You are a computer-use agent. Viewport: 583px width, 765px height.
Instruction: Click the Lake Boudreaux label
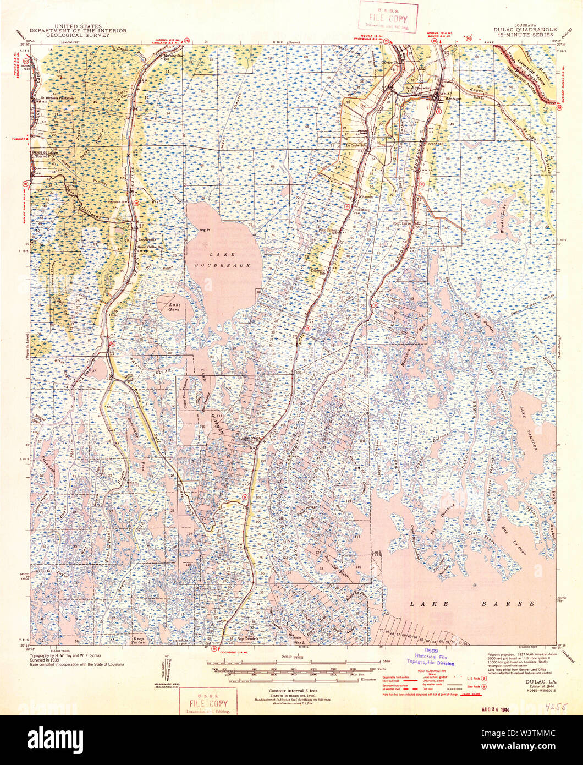[229, 259]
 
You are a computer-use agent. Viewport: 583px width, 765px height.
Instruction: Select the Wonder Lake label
[502, 222]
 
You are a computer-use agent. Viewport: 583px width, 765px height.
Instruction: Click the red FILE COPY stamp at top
[388, 17]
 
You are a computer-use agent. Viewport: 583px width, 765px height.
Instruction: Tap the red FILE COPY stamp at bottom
[208, 703]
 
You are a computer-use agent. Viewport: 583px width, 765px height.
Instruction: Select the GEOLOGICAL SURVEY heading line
[78, 36]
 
